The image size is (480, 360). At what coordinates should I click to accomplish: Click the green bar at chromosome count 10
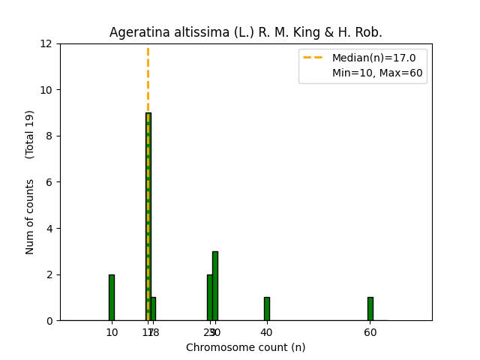pos(112,298)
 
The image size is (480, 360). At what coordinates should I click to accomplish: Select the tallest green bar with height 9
pos(148,217)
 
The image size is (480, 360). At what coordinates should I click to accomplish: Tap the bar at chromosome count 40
pos(266,309)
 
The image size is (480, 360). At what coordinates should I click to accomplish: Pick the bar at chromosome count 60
pos(370,309)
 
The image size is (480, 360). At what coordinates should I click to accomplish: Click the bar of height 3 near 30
pos(215,286)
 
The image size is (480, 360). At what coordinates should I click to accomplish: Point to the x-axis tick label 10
pos(112,332)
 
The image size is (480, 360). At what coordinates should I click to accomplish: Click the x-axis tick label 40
pos(266,332)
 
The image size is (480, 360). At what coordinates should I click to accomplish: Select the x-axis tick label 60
pos(370,332)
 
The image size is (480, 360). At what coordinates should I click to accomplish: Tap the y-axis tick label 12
pos(46,43)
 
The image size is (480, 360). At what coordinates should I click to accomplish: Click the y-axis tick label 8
pos(49,136)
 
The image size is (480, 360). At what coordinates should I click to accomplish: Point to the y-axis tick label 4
pos(49,228)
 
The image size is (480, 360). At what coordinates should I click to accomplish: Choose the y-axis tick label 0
pos(49,320)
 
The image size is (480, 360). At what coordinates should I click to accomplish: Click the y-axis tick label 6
pos(49,182)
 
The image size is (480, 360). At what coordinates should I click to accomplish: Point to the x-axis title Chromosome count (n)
pos(245,347)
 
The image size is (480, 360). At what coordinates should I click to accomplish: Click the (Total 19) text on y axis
pos(30,134)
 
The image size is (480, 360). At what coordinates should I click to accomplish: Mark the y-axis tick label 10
pos(46,90)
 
